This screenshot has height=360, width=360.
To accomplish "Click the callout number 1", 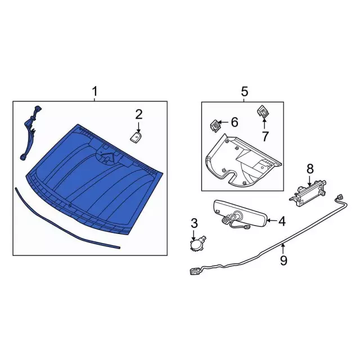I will coord(94,91).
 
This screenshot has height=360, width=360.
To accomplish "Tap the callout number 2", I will coord(139,114).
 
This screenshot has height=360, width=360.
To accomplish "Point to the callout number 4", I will coord(282,222).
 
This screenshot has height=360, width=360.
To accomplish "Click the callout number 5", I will coord(244,91).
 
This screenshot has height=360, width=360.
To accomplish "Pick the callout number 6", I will coord(235,121).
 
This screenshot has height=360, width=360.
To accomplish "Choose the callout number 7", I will coord(265,136).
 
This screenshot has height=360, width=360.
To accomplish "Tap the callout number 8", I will coord(309,168).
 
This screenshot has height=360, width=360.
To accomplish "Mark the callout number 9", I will coord(283,260).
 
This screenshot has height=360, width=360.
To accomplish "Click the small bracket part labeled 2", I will coord(136,136).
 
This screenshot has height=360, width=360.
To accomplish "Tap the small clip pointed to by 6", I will coord(215,123).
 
